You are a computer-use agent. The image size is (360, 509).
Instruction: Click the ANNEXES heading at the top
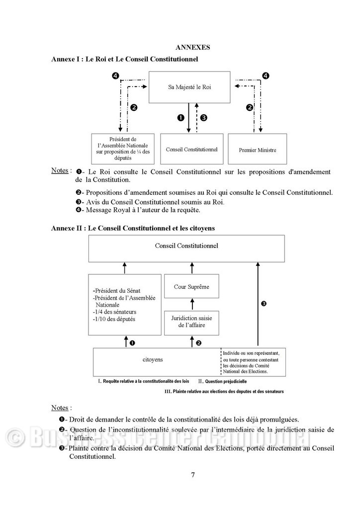click(x=193, y=48)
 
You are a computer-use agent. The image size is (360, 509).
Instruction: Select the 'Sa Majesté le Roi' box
click(x=189, y=87)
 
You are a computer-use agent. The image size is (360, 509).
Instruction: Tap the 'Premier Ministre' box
click(x=257, y=150)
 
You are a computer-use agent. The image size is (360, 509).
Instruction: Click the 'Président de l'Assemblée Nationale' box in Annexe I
click(x=123, y=149)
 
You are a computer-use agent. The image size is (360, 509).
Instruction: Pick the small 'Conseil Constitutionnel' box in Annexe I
click(x=191, y=149)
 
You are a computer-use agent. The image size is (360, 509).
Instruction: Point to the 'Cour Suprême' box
click(x=191, y=287)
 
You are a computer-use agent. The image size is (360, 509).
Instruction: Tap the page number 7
click(x=193, y=474)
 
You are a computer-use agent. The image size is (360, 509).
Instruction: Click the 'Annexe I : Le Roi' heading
click(x=124, y=59)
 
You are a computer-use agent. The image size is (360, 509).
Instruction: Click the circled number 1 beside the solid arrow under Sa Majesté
click(x=181, y=118)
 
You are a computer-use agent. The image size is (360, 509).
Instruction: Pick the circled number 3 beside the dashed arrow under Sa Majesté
click(x=203, y=118)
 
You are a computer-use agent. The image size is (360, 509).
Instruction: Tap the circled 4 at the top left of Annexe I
click(x=115, y=76)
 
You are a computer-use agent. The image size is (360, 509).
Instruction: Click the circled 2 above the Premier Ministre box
click(x=250, y=107)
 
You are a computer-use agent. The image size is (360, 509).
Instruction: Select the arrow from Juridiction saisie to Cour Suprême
click(x=191, y=304)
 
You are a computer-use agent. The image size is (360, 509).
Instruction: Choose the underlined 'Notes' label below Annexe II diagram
click(x=60, y=408)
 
